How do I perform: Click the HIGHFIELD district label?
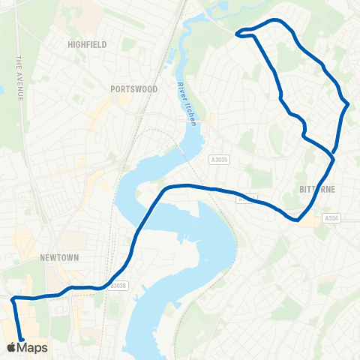[87, 44]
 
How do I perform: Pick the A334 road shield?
[332, 218]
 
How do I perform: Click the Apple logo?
[10, 347]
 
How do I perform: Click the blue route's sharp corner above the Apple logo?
[13, 299]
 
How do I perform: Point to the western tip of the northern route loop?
[238, 33]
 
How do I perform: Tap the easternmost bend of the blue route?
[349, 105]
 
